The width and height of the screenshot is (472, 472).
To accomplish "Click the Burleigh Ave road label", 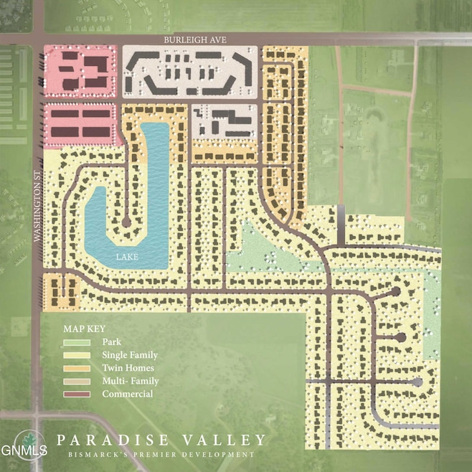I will coord(196,41).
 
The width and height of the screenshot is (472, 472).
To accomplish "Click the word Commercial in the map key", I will coord(128,395).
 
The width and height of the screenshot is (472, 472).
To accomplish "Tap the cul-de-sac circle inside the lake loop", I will coord(126,223).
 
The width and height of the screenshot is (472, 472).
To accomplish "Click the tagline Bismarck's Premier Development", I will coord(161,455).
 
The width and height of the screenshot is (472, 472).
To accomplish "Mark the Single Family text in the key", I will coord(130,355).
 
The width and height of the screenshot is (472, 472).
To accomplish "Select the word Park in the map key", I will coord(110,342).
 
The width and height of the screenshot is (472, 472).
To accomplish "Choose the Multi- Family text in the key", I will coord(130,381).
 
